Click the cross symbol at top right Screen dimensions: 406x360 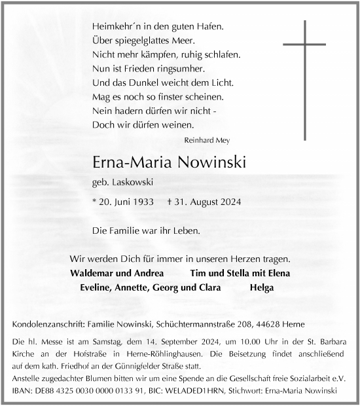pyautogui.click(x=304, y=79)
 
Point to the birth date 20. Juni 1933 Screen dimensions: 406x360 pyautogui.click(x=120, y=202)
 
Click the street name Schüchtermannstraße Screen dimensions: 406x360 pyautogui.click(x=208, y=325)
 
